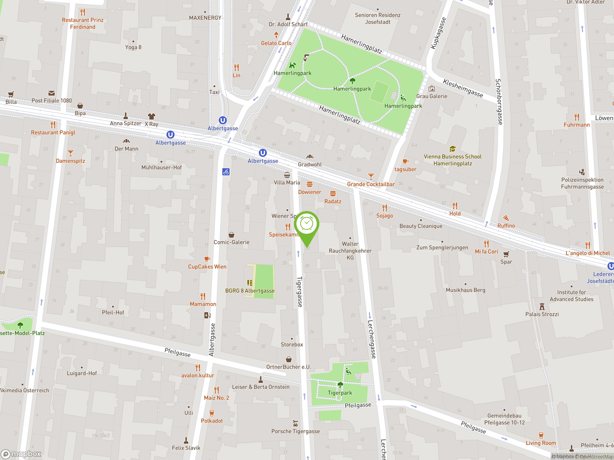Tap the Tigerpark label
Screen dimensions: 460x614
tap(340, 393)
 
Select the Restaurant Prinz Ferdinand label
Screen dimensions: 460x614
tap(83, 23)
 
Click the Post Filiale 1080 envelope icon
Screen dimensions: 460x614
tap(51, 93)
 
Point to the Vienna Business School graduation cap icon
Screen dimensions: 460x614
tap(452, 149)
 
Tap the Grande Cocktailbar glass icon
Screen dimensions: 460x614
tap(371, 176)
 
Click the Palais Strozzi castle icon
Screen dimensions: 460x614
tap(542, 306)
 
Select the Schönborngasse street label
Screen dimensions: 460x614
tap(499, 102)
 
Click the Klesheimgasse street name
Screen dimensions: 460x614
tap(463, 88)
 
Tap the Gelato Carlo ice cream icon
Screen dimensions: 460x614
tap(276, 35)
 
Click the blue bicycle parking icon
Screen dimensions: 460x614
tap(226, 172)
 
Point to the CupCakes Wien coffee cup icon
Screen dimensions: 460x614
tap(207, 259)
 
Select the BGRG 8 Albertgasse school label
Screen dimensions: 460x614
tap(250, 291)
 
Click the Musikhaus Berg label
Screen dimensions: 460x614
tap(466, 290)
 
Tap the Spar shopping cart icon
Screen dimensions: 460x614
tap(506, 254)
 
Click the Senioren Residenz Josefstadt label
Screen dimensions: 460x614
tap(378, 19)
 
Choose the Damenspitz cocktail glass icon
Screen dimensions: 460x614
tap(71, 153)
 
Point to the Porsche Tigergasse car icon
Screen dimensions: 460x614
tap(295, 424)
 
